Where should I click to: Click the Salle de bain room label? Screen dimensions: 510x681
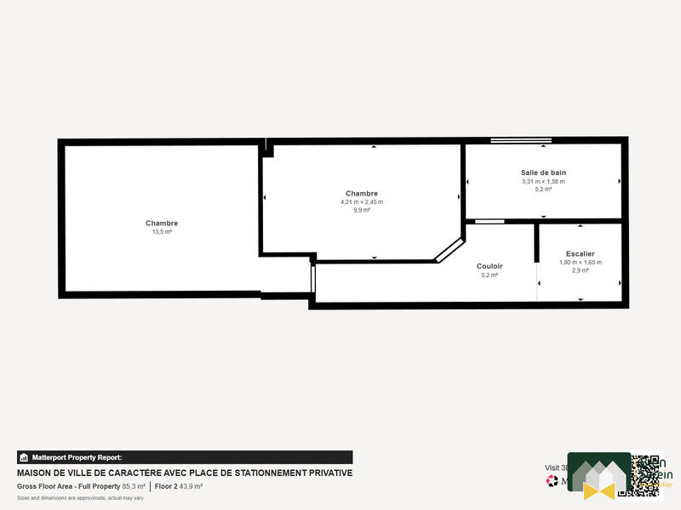coord(543,173)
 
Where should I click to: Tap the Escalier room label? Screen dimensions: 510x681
coord(580,253)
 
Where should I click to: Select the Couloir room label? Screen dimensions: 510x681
coord(489,266)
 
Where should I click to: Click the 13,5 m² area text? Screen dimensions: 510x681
coord(162,231)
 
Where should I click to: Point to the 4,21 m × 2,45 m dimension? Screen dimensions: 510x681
coord(362,201)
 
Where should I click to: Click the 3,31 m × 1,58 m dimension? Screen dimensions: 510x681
coord(543,181)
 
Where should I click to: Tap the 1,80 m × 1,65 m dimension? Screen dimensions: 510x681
coord(580,262)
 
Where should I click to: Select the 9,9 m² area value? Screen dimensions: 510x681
coord(362,209)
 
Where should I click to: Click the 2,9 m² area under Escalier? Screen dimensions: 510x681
coord(580,270)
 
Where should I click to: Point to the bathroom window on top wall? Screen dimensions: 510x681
coord(521,140)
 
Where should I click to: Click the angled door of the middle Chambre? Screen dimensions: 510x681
coord(448,249)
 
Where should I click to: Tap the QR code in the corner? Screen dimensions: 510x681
coord(646,474)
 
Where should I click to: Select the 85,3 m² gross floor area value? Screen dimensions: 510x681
coord(134,486)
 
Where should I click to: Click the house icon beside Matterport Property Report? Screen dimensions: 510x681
coord(24,457)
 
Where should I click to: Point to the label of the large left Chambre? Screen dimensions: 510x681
coord(162,223)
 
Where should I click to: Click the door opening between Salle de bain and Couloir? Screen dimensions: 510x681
coord(489,221)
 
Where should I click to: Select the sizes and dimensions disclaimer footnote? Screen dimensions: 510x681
coord(80,497)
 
